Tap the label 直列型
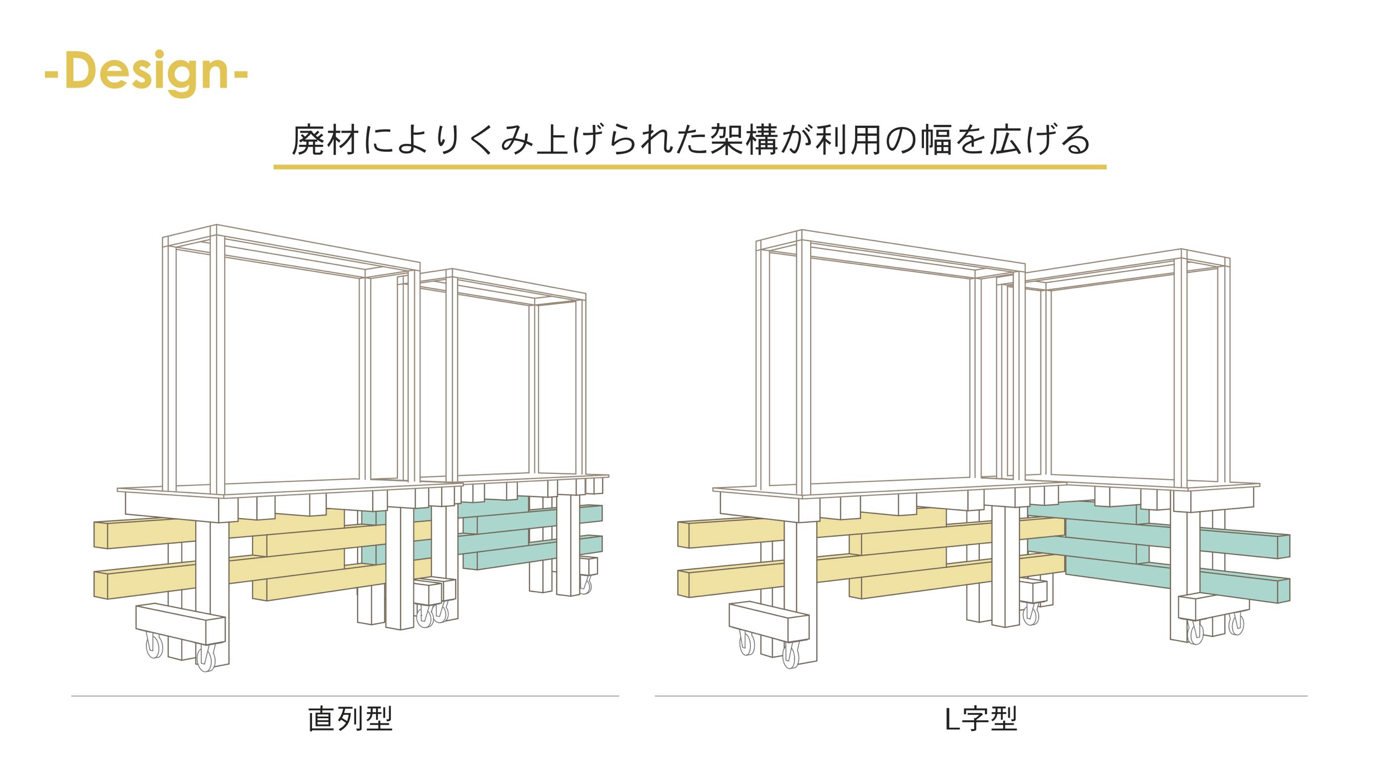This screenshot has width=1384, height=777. pyautogui.click(x=350, y=719)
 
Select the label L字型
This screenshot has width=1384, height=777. pyautogui.click(x=980, y=719)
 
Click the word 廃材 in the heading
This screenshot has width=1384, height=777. pyautogui.click(x=324, y=141)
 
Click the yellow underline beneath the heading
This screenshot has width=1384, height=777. pyautogui.click(x=690, y=167)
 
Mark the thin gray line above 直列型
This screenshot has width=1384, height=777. pyautogui.click(x=345, y=696)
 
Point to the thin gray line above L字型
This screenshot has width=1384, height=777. pyautogui.click(x=981, y=696)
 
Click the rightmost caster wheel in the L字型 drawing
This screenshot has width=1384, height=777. pyautogui.click(x=1237, y=624)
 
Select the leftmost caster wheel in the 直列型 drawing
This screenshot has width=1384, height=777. pyautogui.click(x=155, y=647)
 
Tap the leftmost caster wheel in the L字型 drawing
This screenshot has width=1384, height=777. pyautogui.click(x=746, y=643)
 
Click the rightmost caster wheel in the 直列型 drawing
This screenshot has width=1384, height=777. pyautogui.click(x=587, y=584)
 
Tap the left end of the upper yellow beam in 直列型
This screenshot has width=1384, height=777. pyautogui.click(x=101, y=534)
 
